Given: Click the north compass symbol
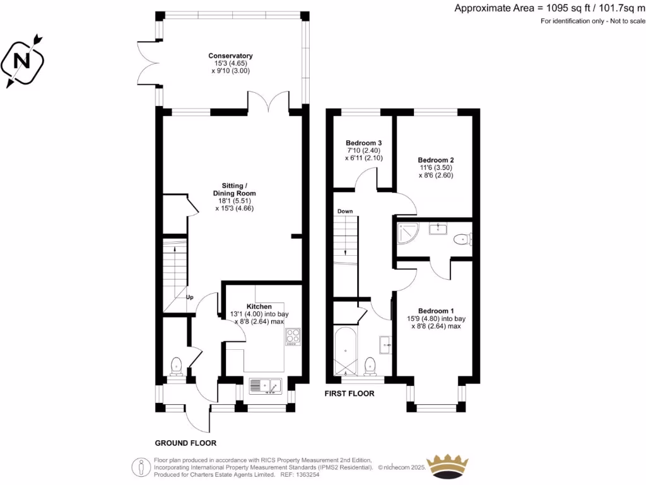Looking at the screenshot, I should pyautogui.click(x=23, y=61).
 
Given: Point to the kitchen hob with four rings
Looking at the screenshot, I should pyautogui.click(x=293, y=337).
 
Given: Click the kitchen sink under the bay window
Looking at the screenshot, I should pyautogui.click(x=266, y=385).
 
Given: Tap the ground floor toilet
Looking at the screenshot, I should pyautogui.click(x=176, y=366).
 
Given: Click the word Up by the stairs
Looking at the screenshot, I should pyautogui.click(x=189, y=297).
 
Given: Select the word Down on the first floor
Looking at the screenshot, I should pyautogui.click(x=345, y=211).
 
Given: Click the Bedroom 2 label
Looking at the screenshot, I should pyautogui.click(x=436, y=160).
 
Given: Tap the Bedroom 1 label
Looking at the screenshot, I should pyautogui.click(x=436, y=311).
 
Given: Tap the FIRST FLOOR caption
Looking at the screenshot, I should pyautogui.click(x=349, y=393).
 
